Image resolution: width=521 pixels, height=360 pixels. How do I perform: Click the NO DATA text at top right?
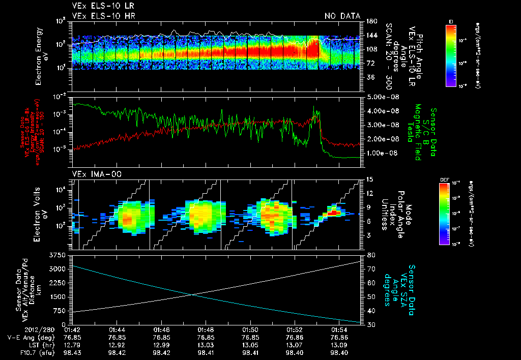click(x=342, y=16)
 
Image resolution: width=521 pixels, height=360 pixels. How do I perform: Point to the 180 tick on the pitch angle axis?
click(x=370, y=21)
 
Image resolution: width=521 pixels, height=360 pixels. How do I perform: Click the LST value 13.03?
click(x=206, y=345)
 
